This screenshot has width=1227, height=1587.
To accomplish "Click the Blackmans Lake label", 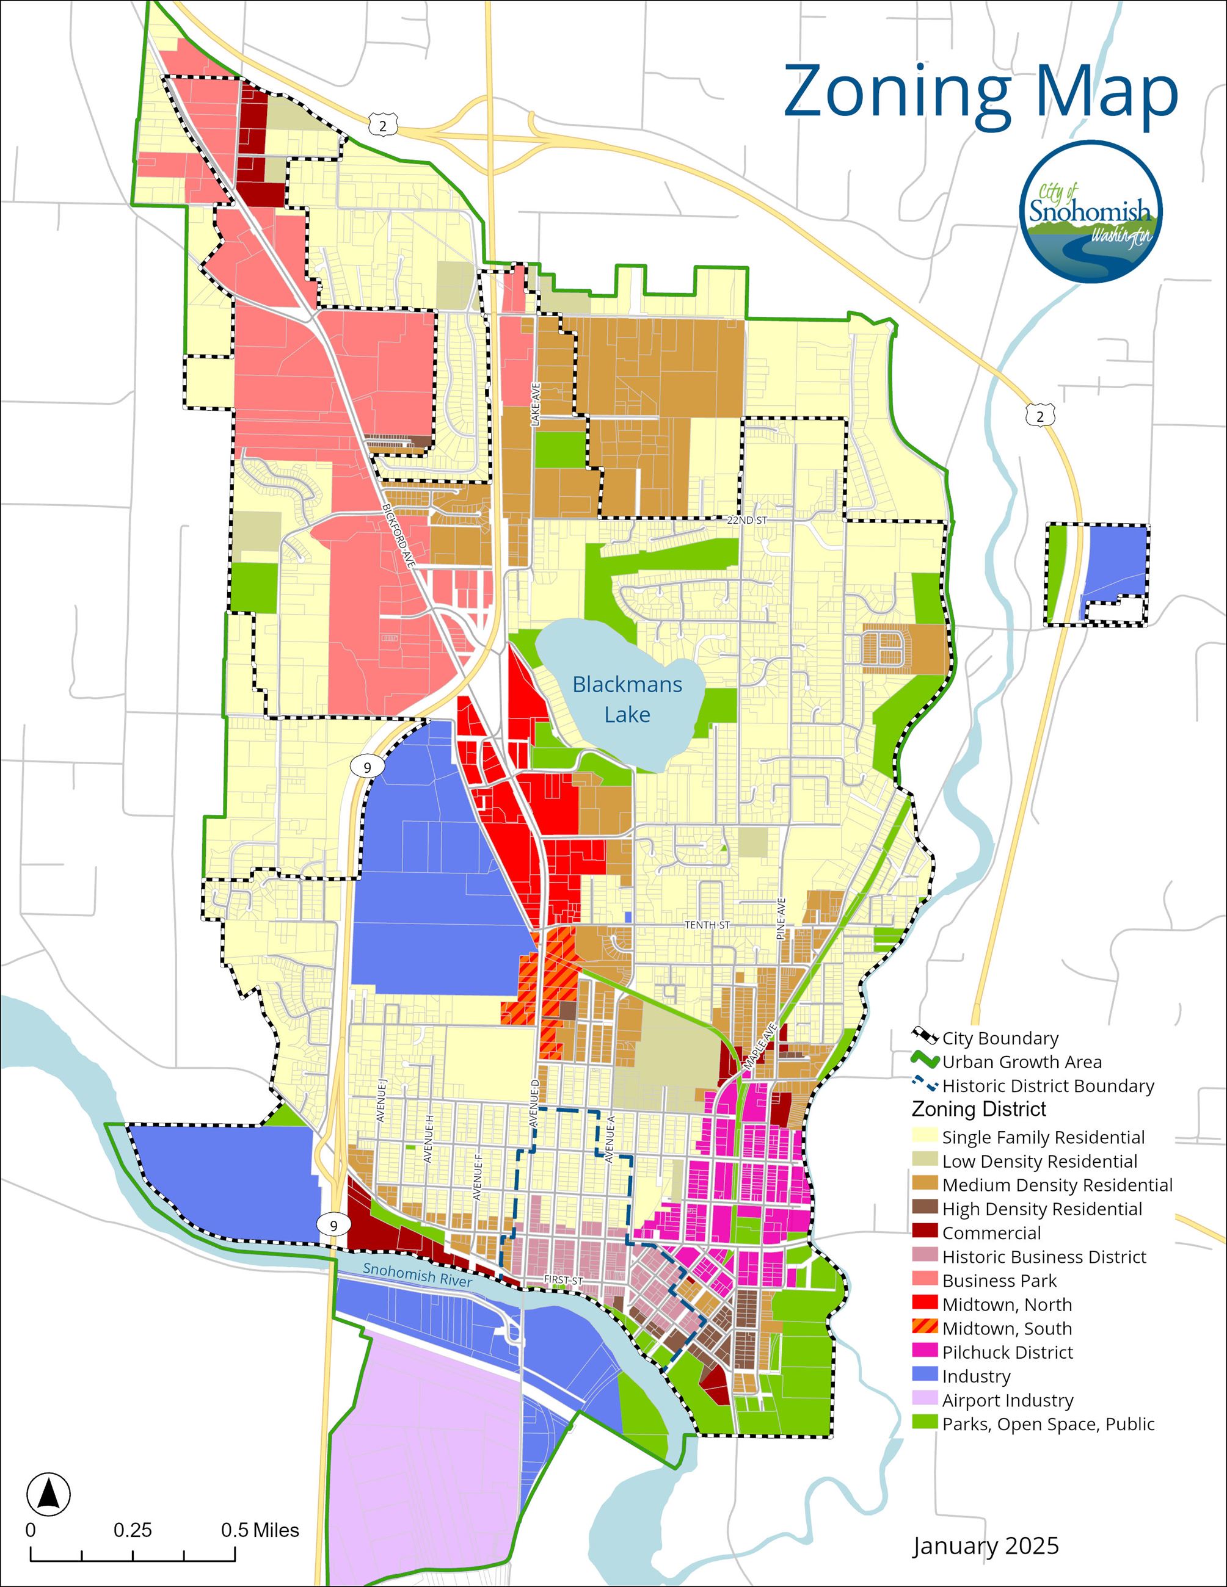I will click(x=627, y=699).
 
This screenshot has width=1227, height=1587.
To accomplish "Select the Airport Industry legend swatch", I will click(x=925, y=1400).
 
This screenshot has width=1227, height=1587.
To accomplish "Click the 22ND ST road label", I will click(x=746, y=520).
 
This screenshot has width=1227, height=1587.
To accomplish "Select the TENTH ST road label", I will click(x=707, y=925).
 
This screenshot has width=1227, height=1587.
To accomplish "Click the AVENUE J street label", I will click(x=382, y=1101).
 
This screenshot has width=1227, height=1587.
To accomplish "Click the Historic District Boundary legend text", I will click(x=1047, y=1086).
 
